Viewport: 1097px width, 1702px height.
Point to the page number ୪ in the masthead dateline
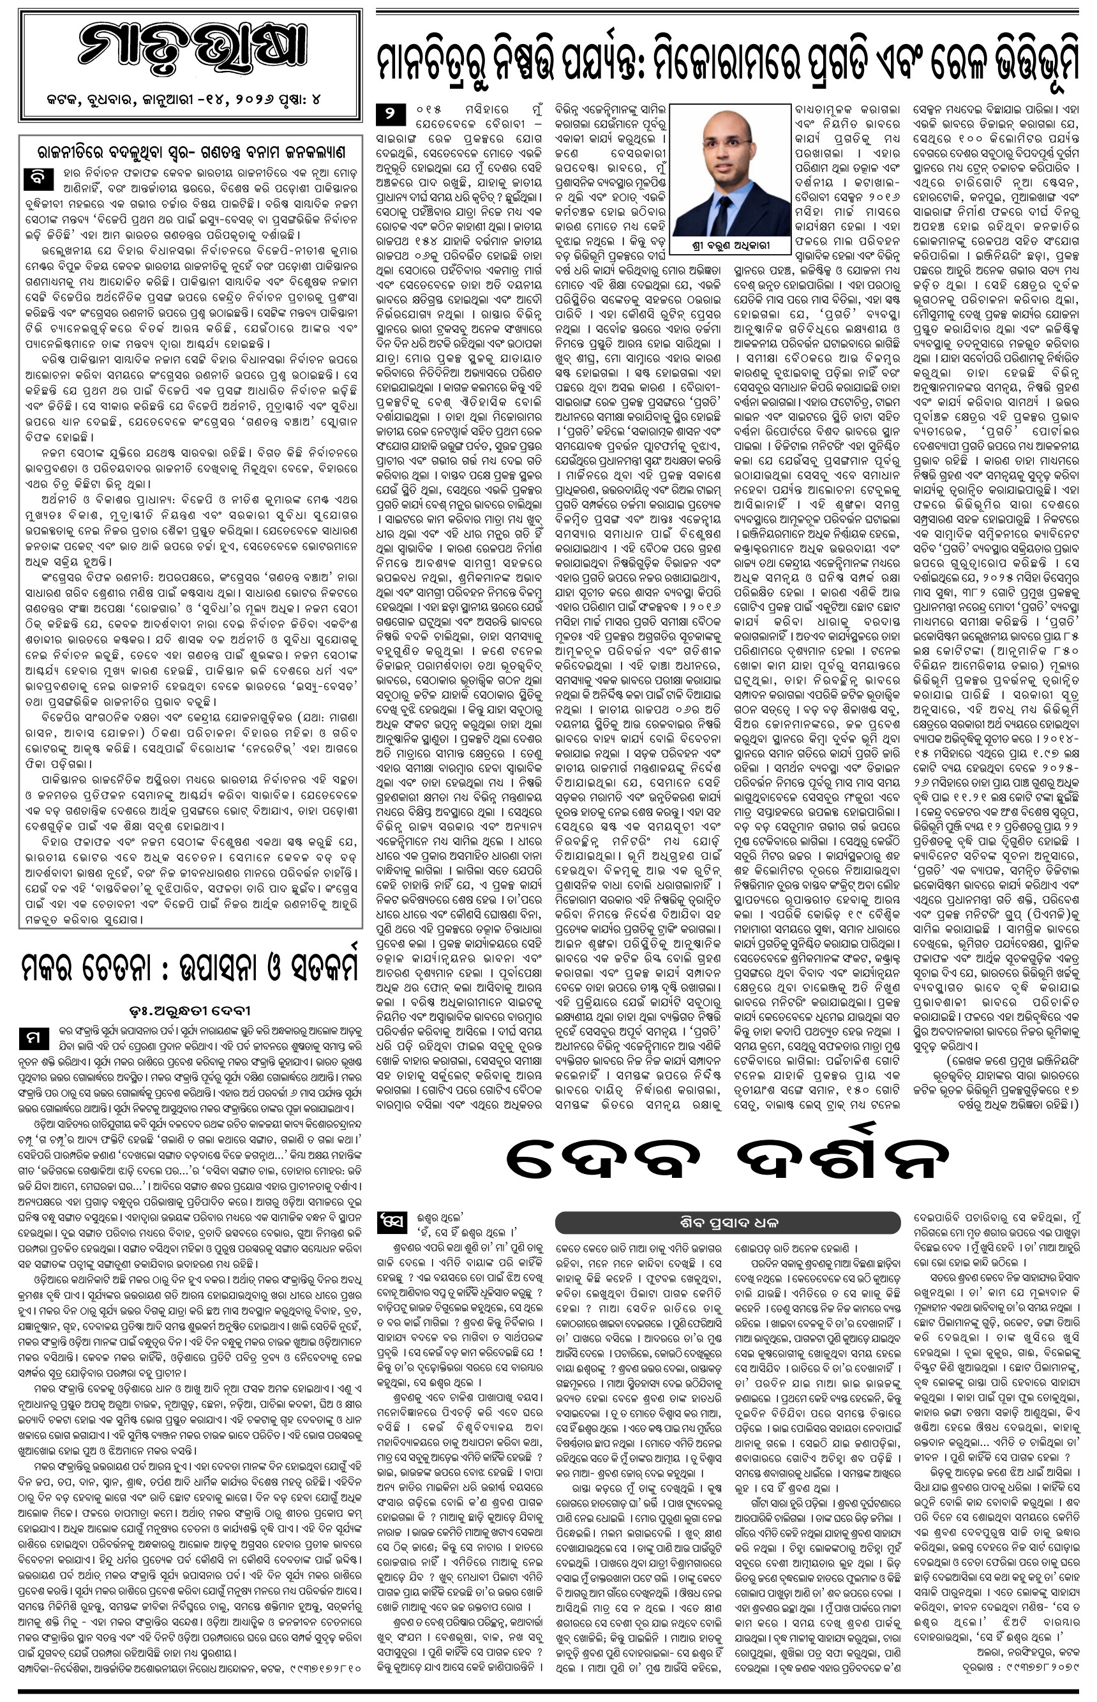pos(315,100)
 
